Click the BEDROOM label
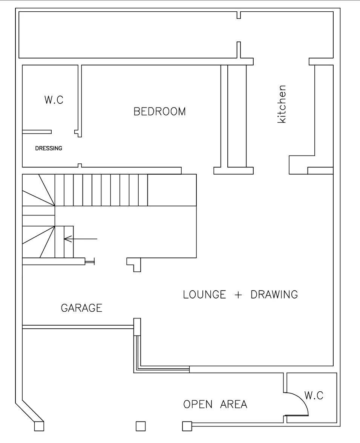(x=160, y=111)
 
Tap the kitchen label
(x=282, y=104)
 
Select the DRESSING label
(x=49, y=148)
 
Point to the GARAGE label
(x=81, y=308)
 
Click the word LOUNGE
(x=205, y=294)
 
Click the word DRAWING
(x=274, y=294)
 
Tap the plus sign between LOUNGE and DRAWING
(x=238, y=295)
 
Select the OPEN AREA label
(x=215, y=404)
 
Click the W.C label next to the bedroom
(x=54, y=100)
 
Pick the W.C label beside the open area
(x=314, y=395)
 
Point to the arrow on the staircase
(x=81, y=239)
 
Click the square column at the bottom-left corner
(x=39, y=426)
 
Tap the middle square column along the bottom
(x=141, y=426)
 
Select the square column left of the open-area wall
(x=187, y=426)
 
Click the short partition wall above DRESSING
(x=37, y=132)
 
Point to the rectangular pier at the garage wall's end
(x=137, y=327)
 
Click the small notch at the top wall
(x=239, y=15)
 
